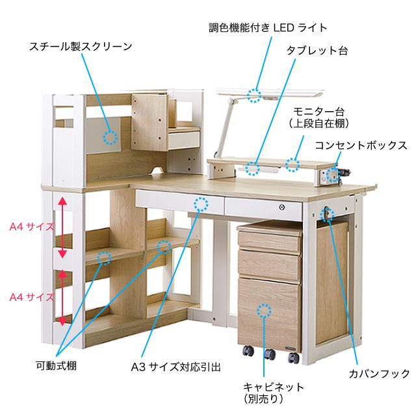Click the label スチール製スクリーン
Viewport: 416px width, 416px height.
click(81, 47)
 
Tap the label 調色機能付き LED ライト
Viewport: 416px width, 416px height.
click(268, 28)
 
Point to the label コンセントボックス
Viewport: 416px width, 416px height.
click(361, 145)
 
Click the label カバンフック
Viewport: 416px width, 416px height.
click(379, 373)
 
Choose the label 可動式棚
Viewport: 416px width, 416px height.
click(56, 366)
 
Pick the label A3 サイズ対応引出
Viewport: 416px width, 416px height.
click(175, 367)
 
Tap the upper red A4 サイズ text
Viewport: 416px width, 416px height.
click(31, 227)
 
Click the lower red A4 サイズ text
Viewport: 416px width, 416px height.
click(31, 297)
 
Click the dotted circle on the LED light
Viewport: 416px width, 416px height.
click(255, 96)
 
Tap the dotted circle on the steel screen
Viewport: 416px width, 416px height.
click(110, 138)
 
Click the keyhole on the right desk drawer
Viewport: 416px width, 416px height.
click(281, 207)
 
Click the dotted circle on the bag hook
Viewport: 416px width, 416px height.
click(328, 213)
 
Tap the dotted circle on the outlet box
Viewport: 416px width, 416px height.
click(333, 174)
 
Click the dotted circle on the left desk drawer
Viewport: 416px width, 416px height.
click(202, 204)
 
